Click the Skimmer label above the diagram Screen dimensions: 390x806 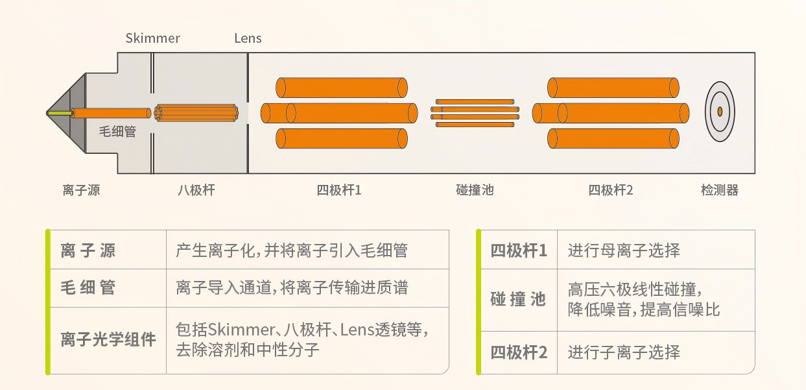point(153,38)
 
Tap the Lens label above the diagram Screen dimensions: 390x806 point(248,38)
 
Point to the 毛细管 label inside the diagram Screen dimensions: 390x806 point(117,132)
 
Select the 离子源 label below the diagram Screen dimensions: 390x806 point(81,190)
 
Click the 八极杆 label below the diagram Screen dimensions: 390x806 point(196,190)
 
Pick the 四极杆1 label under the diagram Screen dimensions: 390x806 point(338,190)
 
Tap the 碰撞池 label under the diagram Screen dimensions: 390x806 point(475,190)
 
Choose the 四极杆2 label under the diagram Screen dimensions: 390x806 point(610,190)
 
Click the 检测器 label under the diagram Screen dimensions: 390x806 point(719,190)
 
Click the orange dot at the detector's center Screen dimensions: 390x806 point(720,112)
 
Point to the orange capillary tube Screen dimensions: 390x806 point(110,113)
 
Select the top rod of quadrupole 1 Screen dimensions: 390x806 point(342,88)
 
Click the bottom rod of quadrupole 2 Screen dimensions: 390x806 point(613,139)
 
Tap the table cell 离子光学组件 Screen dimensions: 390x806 point(108,340)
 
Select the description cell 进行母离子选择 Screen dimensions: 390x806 point(624,250)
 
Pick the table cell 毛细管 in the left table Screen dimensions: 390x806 point(88,287)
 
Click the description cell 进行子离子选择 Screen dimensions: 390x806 point(624,352)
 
